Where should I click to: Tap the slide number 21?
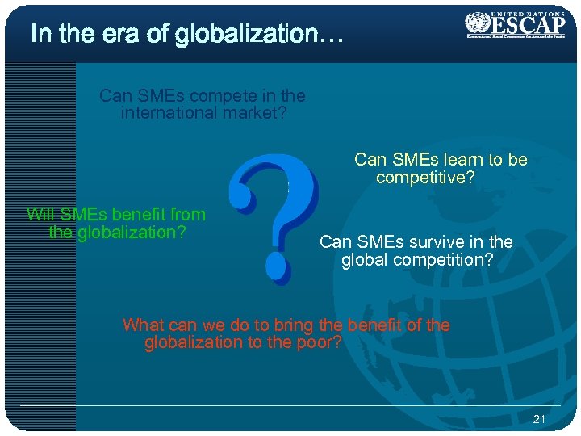pos(540,418)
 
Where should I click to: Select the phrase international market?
pos(203,113)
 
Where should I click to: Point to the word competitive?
pos(425,177)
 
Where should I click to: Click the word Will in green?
pos(40,215)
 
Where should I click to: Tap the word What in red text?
pos(143,325)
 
